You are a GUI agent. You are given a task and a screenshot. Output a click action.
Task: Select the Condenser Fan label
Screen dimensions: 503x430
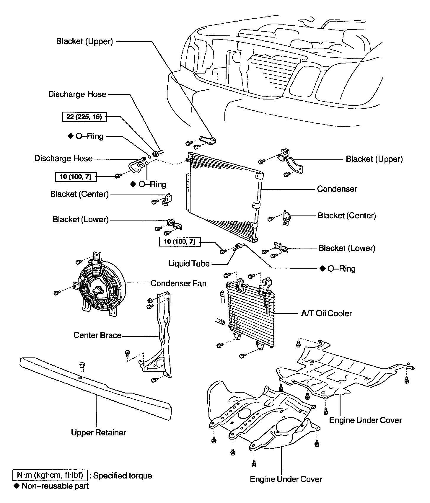coord(178,283)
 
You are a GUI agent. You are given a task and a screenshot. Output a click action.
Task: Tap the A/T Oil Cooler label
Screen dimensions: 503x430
coord(326,313)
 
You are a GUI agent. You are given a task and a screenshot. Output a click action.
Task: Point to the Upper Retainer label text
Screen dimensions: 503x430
coord(98,432)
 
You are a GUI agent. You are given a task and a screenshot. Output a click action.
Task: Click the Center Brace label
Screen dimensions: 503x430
coord(97,335)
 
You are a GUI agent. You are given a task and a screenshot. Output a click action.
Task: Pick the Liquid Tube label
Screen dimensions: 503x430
coord(189,263)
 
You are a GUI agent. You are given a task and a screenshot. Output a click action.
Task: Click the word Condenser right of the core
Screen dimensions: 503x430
coord(337,189)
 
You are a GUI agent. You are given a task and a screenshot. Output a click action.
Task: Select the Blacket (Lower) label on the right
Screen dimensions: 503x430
coord(347,248)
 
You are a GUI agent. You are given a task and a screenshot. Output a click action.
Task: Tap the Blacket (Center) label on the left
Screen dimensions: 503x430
coord(79,194)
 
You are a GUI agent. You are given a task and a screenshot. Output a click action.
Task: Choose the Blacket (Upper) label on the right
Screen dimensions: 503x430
coord(374,159)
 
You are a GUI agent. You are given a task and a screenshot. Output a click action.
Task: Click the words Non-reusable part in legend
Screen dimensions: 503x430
coord(55,486)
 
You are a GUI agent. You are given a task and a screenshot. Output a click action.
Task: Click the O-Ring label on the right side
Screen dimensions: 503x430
coord(341,269)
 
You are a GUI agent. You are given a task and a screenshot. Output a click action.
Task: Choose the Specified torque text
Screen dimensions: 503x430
coord(123,476)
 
